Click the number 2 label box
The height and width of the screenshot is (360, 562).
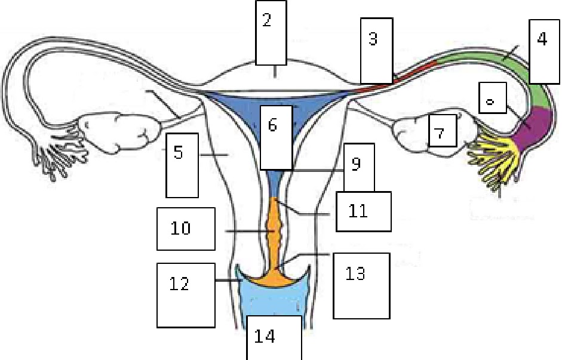[x=271, y=32]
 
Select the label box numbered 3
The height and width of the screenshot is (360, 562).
[x=376, y=50]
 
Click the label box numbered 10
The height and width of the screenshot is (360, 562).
[x=185, y=229]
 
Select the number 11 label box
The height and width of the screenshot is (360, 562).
[x=363, y=211]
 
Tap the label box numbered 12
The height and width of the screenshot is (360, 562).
[x=185, y=294]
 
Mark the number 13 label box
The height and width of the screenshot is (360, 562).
[x=361, y=285]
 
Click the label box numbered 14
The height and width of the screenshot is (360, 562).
[x=274, y=337]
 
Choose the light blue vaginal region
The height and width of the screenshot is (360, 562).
[x=274, y=301]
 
